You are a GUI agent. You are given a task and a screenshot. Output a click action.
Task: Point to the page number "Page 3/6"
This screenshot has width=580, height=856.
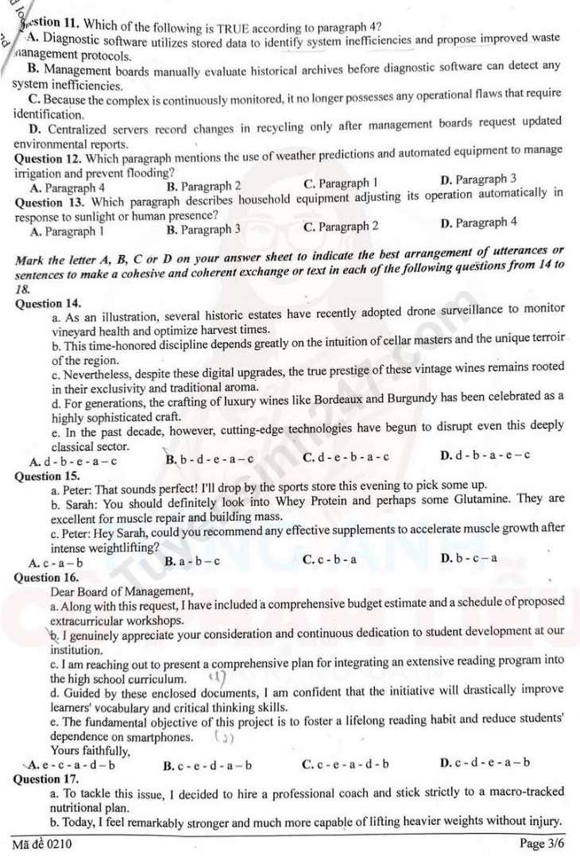tap(540, 843)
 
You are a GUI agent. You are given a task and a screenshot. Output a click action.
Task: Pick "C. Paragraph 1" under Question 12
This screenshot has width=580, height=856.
tap(340, 185)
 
